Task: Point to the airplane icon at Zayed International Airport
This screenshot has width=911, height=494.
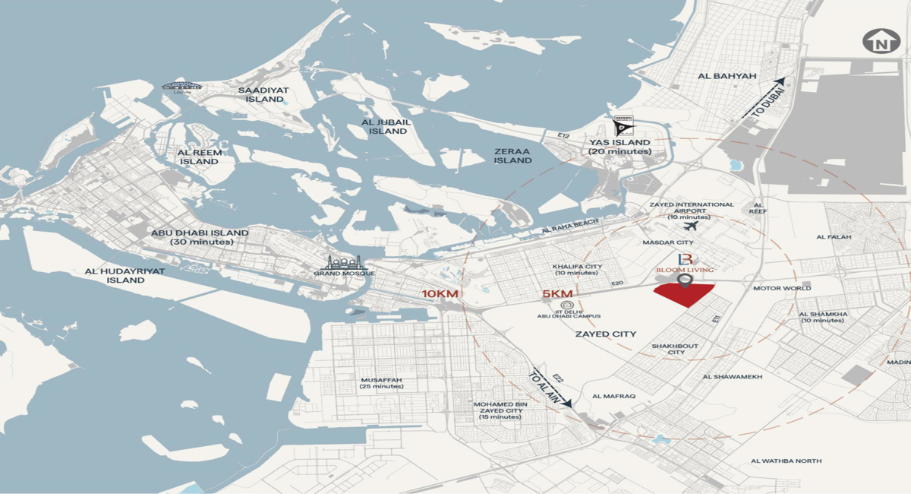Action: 691,226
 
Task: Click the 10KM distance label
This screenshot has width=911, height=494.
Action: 440,294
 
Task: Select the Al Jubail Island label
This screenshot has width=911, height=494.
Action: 384,126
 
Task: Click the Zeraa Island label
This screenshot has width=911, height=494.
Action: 513,155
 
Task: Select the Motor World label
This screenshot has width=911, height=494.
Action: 782,289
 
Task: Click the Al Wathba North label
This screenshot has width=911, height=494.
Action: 786,461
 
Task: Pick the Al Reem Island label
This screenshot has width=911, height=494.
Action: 198,157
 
